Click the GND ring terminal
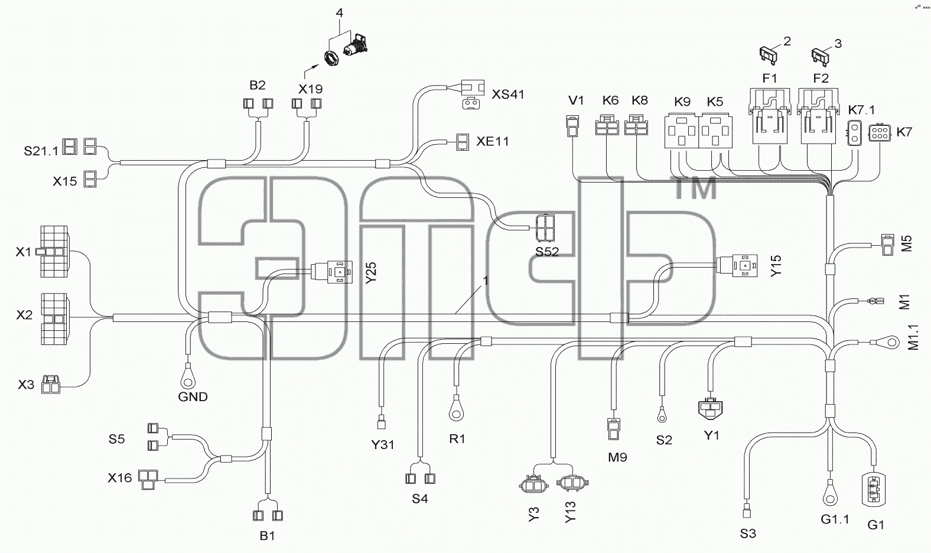(187, 375)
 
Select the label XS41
(508, 95)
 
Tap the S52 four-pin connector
(545, 228)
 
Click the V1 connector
(572, 126)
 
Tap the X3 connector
(51, 385)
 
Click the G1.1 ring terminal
(830, 493)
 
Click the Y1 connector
(710, 409)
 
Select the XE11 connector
(462, 142)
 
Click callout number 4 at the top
(339, 13)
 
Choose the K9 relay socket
(682, 131)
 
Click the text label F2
(821, 78)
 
